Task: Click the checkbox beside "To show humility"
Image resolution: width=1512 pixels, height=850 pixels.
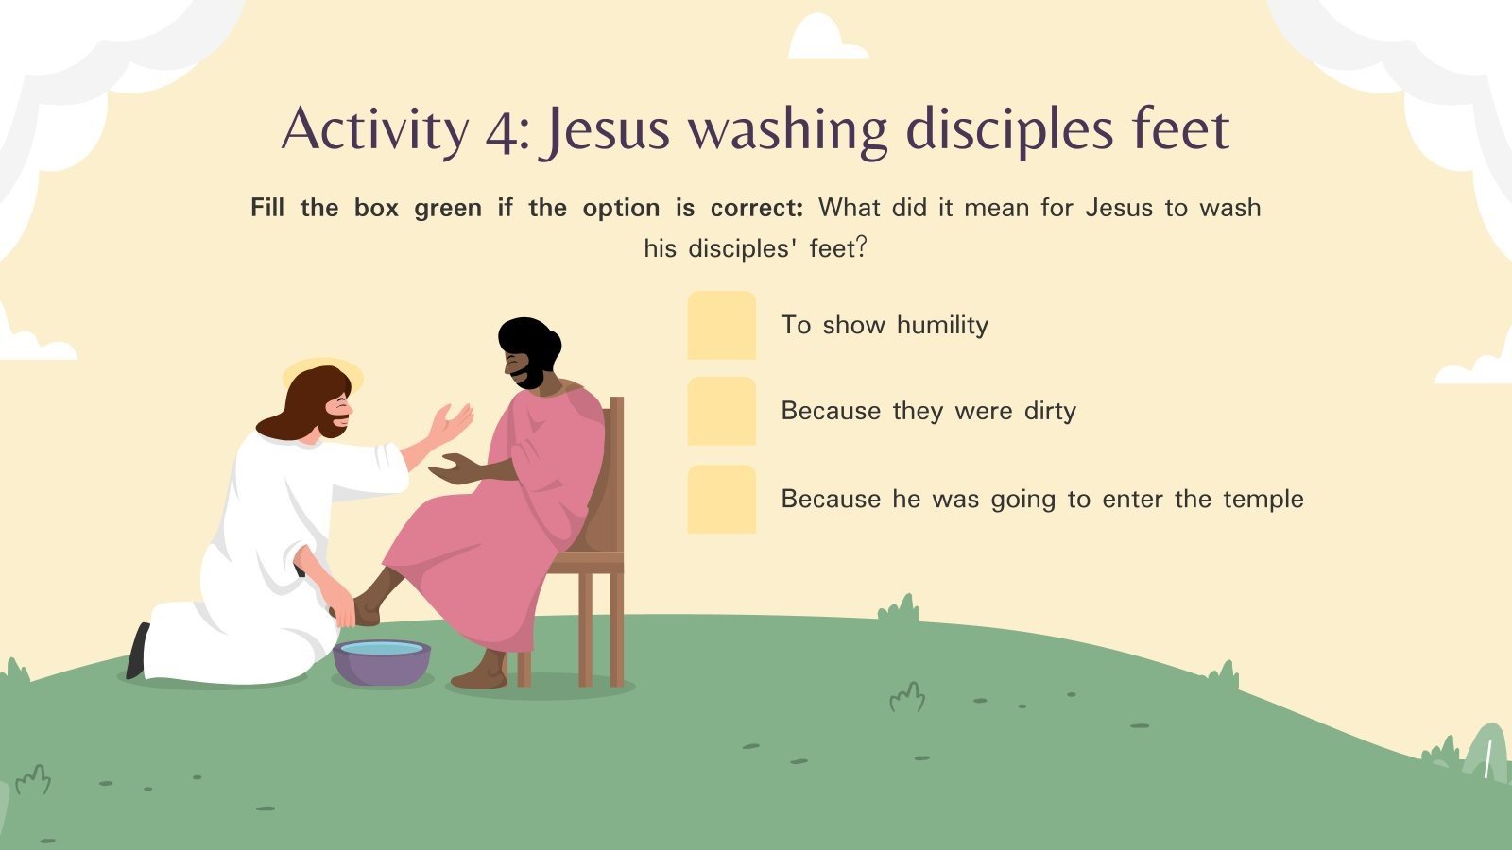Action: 721,325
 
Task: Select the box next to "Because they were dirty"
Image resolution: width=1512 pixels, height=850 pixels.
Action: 721,411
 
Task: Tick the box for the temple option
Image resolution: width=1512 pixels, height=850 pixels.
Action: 721,499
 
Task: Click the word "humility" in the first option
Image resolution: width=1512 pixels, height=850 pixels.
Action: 942,325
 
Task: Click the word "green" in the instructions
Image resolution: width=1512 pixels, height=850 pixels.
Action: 447,208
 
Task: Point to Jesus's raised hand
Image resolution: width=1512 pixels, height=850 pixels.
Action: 450,422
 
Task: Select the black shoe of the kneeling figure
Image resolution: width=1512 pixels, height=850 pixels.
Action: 138,651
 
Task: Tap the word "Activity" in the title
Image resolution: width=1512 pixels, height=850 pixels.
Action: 374,130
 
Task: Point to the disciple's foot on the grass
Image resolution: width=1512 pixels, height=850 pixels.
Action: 480,675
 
